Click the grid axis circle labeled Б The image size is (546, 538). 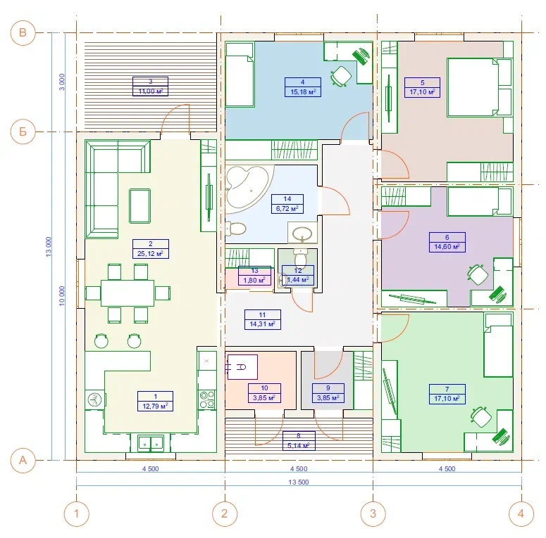pyautogui.click(x=23, y=132)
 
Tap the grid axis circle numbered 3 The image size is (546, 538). pyautogui.click(x=373, y=513)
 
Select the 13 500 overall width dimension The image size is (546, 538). pyautogui.click(x=299, y=482)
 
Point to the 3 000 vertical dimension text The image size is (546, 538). pyautogui.click(x=61, y=82)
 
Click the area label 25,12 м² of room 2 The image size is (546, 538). pyautogui.click(x=151, y=254)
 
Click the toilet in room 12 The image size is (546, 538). pyautogui.click(x=299, y=257)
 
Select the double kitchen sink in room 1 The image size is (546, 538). pyautogui.click(x=151, y=443)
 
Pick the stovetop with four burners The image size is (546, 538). pyautogui.click(x=206, y=399)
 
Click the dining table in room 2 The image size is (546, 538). pyautogui.click(x=128, y=293)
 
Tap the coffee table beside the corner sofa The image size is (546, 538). pyautogui.click(x=139, y=206)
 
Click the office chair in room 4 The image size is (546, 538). pyautogui.click(x=341, y=76)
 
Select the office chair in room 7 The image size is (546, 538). pyautogui.click(x=481, y=416)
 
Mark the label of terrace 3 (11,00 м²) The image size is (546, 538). pyautogui.click(x=151, y=87)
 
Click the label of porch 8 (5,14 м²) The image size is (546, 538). pyautogui.click(x=299, y=441)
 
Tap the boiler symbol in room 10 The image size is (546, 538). pyautogui.click(x=242, y=366)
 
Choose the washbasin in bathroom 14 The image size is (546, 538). pyautogui.click(x=302, y=233)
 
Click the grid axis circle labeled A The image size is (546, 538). pyautogui.click(x=23, y=460)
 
